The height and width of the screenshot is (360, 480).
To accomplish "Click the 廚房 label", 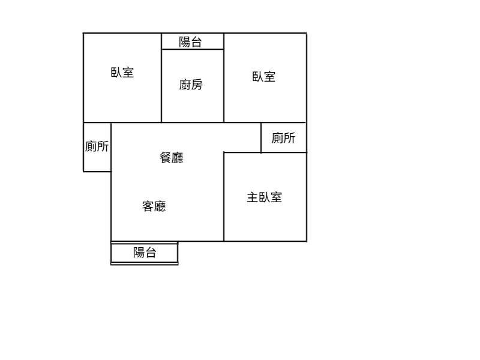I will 191,85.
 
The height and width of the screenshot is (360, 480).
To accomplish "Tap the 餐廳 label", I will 172,158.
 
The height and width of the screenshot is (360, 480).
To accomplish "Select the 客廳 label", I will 154,206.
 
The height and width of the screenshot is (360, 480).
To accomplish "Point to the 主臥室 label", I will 265,197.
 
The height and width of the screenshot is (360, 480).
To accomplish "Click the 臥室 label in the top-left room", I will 122,73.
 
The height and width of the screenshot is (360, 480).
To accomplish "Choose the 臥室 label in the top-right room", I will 264,77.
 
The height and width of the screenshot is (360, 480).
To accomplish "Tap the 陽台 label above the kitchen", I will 191,42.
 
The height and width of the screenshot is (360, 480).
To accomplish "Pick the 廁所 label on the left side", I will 97,146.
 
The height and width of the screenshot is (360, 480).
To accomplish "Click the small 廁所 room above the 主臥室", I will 284,138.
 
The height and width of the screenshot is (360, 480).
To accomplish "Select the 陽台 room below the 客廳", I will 145,253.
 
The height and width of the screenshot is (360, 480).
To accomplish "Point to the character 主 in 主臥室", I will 253,197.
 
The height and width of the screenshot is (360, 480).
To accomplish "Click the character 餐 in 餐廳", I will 166,158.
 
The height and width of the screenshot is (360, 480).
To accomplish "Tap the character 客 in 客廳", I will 148,206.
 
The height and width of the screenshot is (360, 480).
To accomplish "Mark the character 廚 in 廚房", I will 185,85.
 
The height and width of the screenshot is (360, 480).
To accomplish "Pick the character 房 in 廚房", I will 197,85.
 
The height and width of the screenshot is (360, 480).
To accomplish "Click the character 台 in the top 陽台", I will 197,42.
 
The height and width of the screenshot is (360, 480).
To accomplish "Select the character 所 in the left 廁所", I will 103,146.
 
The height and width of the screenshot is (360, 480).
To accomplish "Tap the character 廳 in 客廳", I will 160,206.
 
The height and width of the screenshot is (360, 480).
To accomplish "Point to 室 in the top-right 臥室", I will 270,77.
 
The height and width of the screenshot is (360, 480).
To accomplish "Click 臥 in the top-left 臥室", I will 116,73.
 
